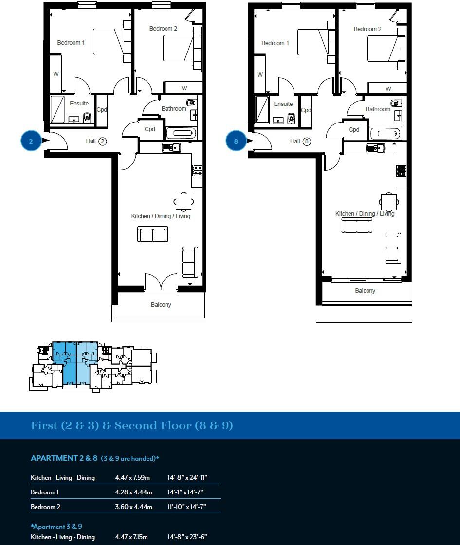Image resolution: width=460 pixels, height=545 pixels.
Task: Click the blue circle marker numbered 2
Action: click(31, 141)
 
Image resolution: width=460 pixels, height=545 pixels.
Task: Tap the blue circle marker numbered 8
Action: click(236, 141)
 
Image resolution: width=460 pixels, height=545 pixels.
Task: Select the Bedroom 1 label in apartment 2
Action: click(71, 43)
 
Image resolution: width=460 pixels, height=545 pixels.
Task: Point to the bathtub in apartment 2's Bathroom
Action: click(181, 133)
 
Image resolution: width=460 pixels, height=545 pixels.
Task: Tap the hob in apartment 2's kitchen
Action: click(197, 170)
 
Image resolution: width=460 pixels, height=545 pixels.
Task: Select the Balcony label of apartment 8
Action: click(365, 291)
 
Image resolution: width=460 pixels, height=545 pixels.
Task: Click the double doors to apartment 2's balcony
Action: click(161, 283)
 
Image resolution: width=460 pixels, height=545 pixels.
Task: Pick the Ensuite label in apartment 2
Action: click(79, 104)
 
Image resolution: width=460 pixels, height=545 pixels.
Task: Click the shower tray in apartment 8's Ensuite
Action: click(262, 109)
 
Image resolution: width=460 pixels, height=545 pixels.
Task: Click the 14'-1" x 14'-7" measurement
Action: click(185, 492)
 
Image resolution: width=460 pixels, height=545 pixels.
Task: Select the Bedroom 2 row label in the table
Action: click(45, 507)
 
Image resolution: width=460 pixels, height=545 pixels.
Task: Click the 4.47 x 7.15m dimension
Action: click(131, 537)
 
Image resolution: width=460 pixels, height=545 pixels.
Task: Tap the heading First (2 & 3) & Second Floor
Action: click(132, 426)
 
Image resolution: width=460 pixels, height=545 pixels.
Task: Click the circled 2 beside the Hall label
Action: click(102, 141)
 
